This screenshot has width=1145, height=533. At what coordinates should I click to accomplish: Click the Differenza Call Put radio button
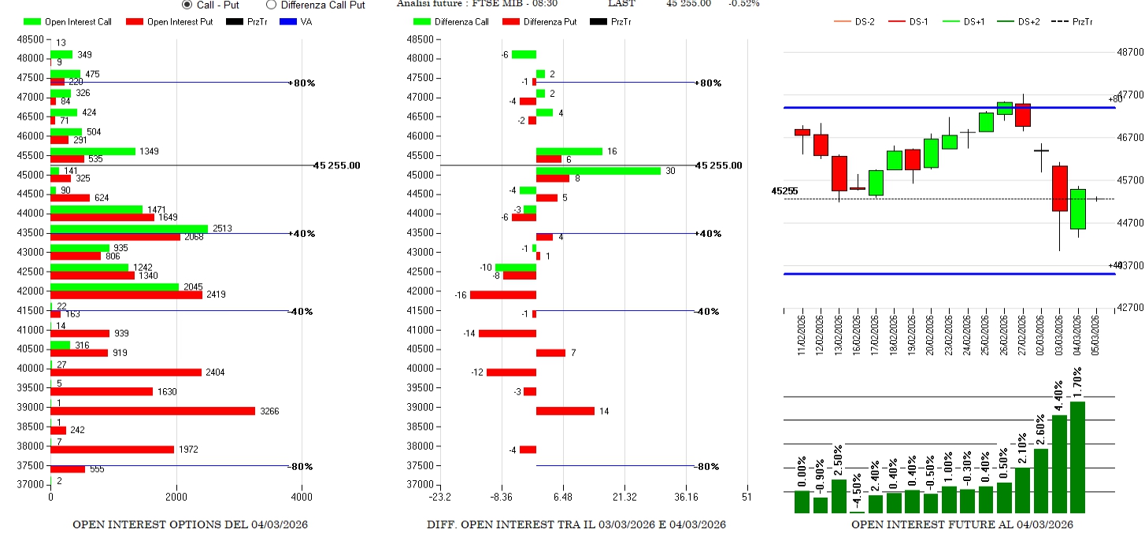point(272,5)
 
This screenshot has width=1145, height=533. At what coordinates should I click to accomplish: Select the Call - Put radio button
point(187,5)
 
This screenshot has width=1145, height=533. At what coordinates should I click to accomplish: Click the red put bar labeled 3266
point(153,411)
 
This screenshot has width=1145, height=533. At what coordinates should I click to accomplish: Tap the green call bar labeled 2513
point(129,229)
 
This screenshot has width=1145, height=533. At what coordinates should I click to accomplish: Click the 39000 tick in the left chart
point(31,407)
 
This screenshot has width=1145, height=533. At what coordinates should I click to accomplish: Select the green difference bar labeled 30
point(598,170)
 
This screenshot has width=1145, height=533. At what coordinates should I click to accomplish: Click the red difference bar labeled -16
point(503,295)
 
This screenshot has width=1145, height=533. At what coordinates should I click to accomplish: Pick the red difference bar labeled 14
point(565,411)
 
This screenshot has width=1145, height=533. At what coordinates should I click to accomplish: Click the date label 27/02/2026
point(1023,335)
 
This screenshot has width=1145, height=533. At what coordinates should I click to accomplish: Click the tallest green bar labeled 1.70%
point(1077,457)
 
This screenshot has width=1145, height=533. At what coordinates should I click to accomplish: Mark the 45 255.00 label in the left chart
point(336,165)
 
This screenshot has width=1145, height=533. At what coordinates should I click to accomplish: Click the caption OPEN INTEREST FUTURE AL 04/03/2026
point(962,524)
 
